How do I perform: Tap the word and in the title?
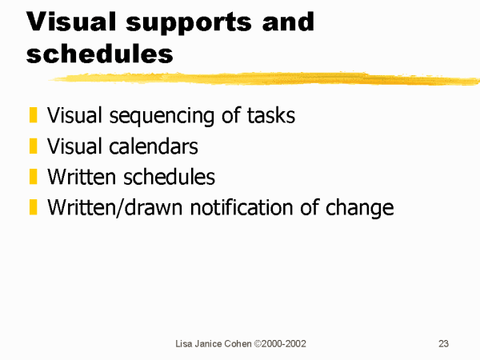pyautogui.click(x=288, y=21)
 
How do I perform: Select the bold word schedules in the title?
pyautogui.click(x=100, y=53)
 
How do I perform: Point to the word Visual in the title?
pyautogui.click(x=71, y=21)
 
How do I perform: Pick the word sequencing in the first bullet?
pyautogui.click(x=162, y=116)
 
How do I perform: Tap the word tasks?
pyautogui.click(x=271, y=115)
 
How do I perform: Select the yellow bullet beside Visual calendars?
pyautogui.click(x=33, y=146)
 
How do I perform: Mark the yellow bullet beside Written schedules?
pyautogui.click(x=33, y=176)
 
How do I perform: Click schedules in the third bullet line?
pyautogui.click(x=169, y=177)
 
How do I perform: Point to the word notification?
pyautogui.click(x=242, y=207)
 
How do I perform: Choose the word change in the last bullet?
pyautogui.click(x=359, y=209)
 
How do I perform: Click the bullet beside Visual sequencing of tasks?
pyautogui.click(x=33, y=114)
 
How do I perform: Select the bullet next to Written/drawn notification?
pyautogui.click(x=33, y=207)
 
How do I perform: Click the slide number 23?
pyautogui.click(x=443, y=343)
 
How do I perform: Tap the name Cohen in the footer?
pyautogui.click(x=238, y=343)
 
